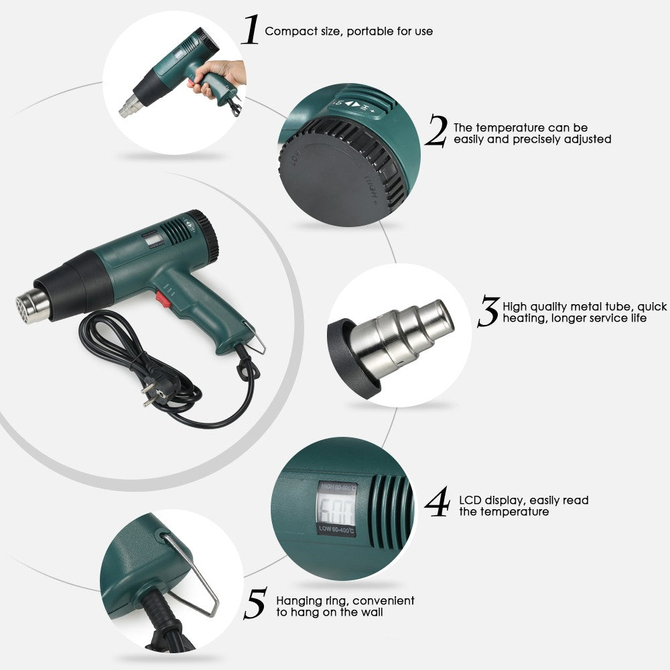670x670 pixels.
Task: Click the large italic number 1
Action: [250, 31]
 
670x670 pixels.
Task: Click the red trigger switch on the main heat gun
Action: [161, 298]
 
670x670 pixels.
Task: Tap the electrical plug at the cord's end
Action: [151, 393]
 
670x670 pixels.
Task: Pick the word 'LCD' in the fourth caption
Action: [470, 500]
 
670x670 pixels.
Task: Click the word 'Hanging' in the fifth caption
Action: [297, 601]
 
